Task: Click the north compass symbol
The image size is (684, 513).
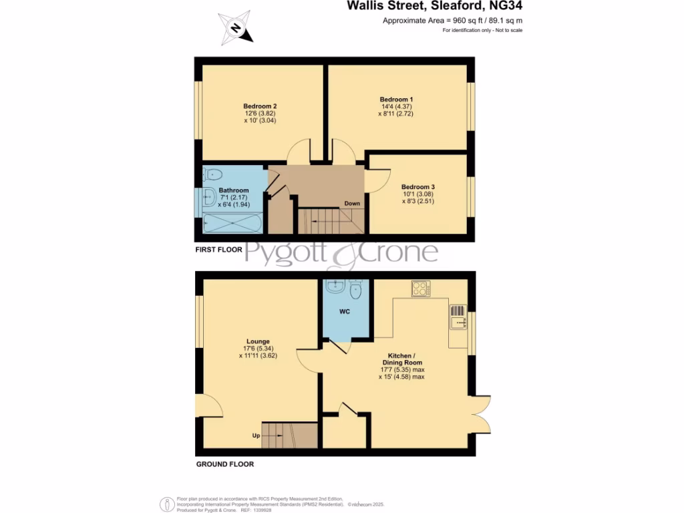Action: point(235,28)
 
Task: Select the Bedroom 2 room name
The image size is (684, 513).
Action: point(260,106)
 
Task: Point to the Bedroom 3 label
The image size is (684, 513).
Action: point(417,186)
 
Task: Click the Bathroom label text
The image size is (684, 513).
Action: point(234,190)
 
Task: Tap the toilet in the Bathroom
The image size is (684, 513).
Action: point(212,175)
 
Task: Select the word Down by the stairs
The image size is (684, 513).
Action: point(352,204)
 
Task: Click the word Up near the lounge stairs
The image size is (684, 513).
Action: point(255,436)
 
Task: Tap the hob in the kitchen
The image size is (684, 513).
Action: point(421,289)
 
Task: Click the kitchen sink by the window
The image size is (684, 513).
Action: point(458,323)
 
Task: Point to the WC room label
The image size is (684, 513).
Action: point(345,312)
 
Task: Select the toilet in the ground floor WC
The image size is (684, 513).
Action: point(355,290)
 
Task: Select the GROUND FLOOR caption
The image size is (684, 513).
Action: point(224,464)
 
